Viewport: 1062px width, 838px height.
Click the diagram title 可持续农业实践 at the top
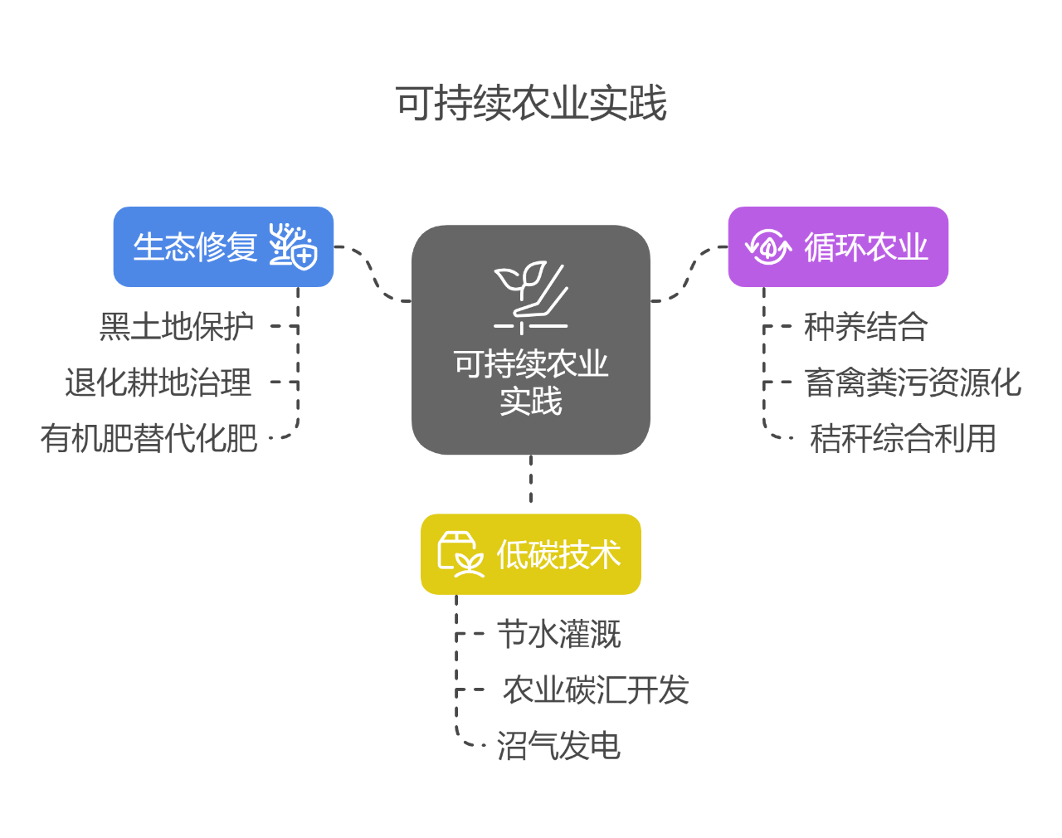pos(531,104)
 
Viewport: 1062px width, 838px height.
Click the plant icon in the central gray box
pos(531,297)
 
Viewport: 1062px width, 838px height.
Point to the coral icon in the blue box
pos(293,246)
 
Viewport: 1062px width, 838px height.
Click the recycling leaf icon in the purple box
pos(768,246)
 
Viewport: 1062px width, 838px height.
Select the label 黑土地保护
pos(176,327)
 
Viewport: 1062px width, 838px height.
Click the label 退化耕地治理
pos(158,383)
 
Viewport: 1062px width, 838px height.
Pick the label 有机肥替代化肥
pos(149,439)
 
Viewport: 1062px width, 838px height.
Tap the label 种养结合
pos(865,327)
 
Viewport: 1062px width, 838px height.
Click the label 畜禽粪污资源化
pos(913,383)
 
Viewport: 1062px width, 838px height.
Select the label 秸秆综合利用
pos(903,439)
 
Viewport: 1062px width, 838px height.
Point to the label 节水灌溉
pos(558,635)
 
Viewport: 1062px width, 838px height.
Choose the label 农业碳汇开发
pos(596,690)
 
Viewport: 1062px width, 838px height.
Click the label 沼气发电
pos(558,746)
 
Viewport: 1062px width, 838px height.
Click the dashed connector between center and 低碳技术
pos(531,480)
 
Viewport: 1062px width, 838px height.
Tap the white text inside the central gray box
pos(531,382)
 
